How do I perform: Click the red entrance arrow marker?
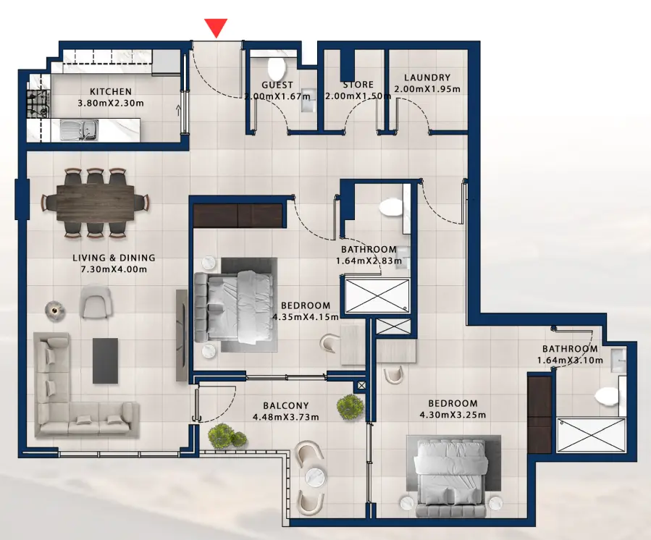(216, 28)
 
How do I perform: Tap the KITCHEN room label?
(110, 92)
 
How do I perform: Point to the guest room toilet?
(276, 69)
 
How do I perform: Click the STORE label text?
(358, 85)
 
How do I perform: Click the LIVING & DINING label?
(114, 258)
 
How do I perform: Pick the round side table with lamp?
(54, 310)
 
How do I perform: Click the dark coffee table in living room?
(105, 360)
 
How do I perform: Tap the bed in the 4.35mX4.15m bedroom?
(234, 305)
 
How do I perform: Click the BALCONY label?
(286, 406)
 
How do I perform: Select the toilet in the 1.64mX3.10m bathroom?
(605, 395)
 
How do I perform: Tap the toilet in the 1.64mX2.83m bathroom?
(391, 206)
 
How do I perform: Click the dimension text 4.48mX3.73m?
(286, 417)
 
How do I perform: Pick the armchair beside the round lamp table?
(96, 302)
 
